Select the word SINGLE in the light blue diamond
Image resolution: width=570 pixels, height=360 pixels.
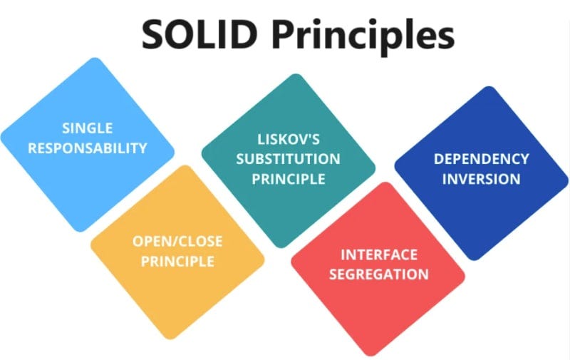87,128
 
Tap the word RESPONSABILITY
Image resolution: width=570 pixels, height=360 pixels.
87,148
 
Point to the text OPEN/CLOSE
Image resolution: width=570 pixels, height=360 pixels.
177,242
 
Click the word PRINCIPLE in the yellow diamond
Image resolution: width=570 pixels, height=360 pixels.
177,262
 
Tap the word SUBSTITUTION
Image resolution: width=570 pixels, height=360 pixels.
288,158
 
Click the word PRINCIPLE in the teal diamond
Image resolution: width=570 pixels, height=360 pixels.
288,178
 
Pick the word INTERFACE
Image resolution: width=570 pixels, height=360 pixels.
378,254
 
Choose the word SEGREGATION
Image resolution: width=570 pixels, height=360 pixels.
378,274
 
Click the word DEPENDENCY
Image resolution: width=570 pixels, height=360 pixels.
482,158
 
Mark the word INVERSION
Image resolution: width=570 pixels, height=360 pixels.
482,178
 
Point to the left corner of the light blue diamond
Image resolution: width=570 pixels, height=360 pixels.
3,139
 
